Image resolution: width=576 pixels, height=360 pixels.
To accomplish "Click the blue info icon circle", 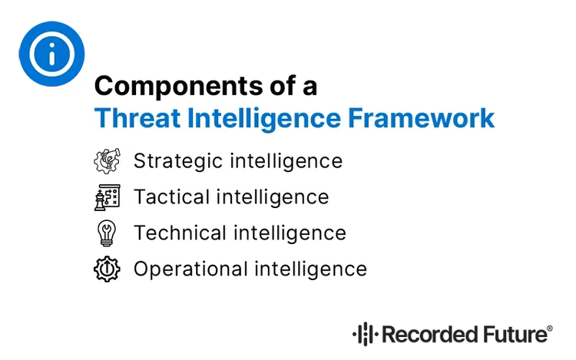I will (51, 53).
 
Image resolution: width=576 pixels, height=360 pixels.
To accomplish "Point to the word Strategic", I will (171, 161).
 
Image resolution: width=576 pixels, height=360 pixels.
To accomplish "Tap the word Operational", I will (184, 269).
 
